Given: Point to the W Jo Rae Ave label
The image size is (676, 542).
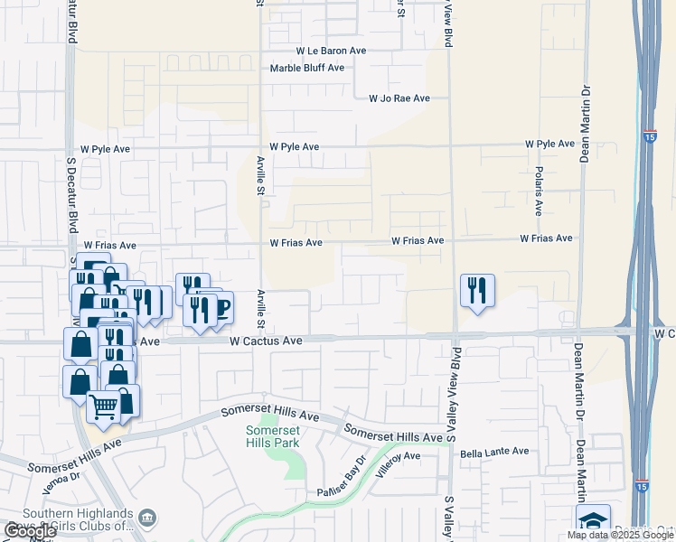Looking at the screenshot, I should (x=399, y=98).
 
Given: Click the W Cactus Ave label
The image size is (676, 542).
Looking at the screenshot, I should (x=266, y=341).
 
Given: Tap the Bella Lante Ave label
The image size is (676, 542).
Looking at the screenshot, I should (x=494, y=452).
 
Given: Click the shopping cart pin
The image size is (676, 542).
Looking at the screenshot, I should (x=103, y=407).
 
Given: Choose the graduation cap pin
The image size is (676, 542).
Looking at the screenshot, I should (x=592, y=520).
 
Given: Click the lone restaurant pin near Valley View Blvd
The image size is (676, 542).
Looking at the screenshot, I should (x=476, y=291).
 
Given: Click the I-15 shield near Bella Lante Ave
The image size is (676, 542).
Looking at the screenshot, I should (x=641, y=485).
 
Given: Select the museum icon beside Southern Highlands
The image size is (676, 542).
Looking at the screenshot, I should (x=148, y=517).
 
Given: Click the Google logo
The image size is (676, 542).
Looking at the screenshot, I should (x=30, y=531).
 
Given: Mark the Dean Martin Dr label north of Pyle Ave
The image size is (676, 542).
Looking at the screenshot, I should (x=586, y=106).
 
